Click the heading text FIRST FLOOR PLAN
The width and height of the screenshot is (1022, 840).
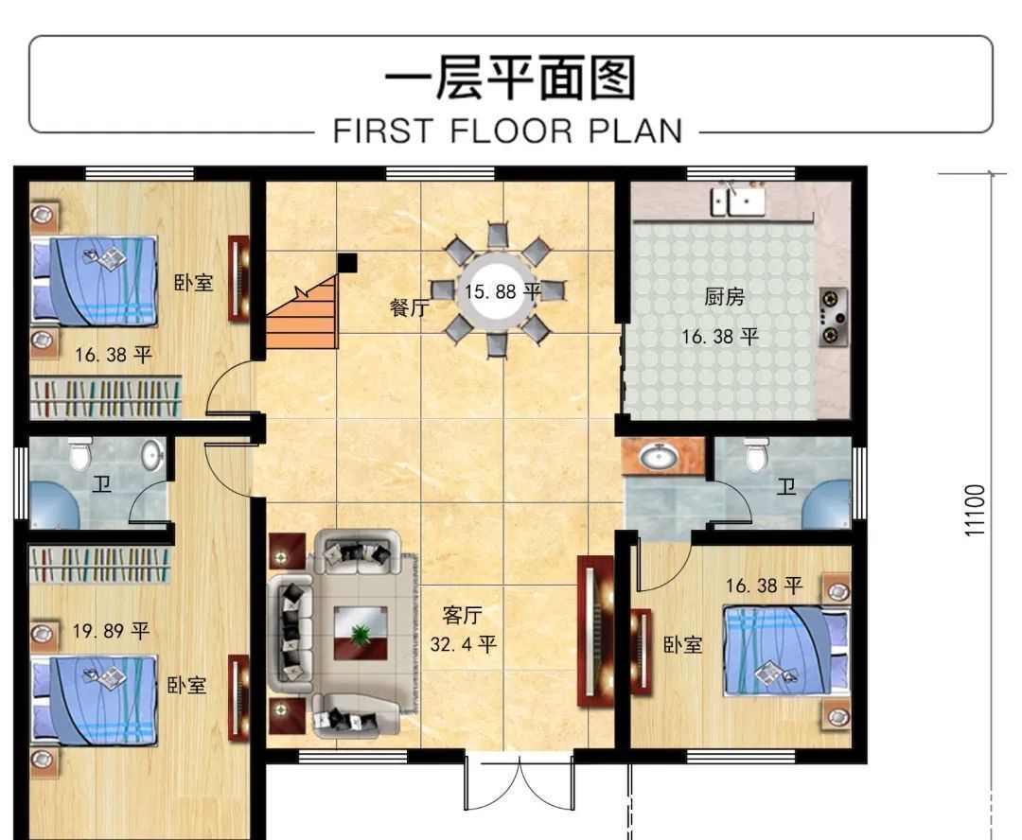pos(507,130)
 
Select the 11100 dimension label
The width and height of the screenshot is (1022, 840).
pos(976,510)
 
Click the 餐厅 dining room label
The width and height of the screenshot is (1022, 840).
pos(409,307)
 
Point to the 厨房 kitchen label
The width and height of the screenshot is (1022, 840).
pos(724,297)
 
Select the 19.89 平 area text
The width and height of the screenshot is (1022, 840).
pos(111,630)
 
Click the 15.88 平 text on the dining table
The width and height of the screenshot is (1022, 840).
pos(502,291)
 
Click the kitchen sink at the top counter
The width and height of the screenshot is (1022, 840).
pos(739,201)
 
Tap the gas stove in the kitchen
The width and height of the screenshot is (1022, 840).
pos(833,315)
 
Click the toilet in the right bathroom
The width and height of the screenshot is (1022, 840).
pos(755,455)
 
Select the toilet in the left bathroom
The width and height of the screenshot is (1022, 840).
pos(79,455)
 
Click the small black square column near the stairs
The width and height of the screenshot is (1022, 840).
pos(347,262)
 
